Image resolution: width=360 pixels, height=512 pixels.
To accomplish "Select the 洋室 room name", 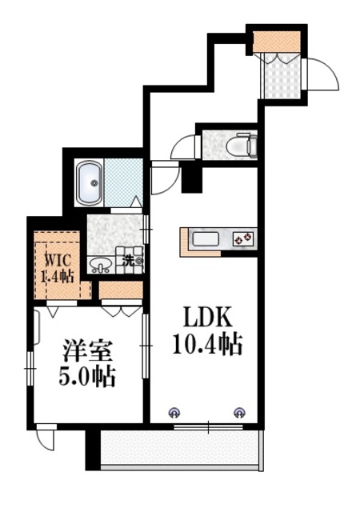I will click(88, 350).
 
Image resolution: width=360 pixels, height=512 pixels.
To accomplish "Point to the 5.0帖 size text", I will click(88, 376).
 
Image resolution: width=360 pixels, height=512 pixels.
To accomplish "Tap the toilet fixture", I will click(239, 146).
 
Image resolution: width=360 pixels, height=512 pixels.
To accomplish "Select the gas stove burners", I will click(242, 238).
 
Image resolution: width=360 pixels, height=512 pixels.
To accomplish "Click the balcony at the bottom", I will click(180, 450).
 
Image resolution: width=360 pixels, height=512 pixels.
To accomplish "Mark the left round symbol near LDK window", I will click(173, 413).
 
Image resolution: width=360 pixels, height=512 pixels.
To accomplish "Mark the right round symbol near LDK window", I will click(238, 413).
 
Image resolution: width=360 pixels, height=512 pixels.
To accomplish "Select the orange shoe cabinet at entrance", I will click(277, 40).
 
